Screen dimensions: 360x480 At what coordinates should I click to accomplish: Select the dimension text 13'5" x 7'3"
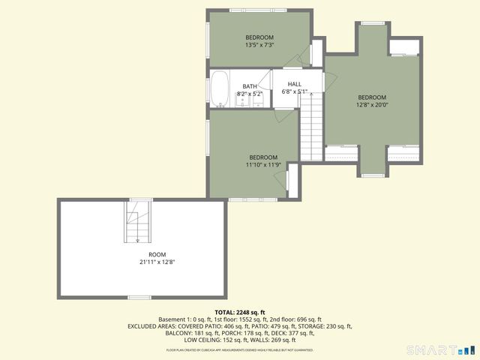pyautogui.click(x=259, y=45)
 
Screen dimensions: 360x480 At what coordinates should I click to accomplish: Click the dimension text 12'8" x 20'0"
pyautogui.click(x=371, y=105)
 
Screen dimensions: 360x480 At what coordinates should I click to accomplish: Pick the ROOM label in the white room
pyautogui.click(x=157, y=254)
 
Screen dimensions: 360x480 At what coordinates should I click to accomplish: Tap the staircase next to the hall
pyautogui.click(x=310, y=127)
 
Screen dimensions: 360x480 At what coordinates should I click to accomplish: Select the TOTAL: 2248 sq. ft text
pyautogui.click(x=240, y=312)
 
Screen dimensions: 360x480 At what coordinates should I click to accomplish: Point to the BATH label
pyautogui.click(x=249, y=87)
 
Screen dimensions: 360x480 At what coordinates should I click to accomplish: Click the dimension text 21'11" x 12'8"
pyautogui.click(x=157, y=262)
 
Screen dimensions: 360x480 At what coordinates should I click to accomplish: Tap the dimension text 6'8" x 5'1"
pyautogui.click(x=295, y=91)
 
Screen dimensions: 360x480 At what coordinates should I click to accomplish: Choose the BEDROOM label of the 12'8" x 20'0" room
pyautogui.click(x=371, y=97)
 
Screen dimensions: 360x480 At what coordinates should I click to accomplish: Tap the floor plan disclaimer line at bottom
pyautogui.click(x=240, y=349)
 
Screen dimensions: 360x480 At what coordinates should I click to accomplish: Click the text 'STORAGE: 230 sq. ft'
pyautogui.click(x=322, y=326)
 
